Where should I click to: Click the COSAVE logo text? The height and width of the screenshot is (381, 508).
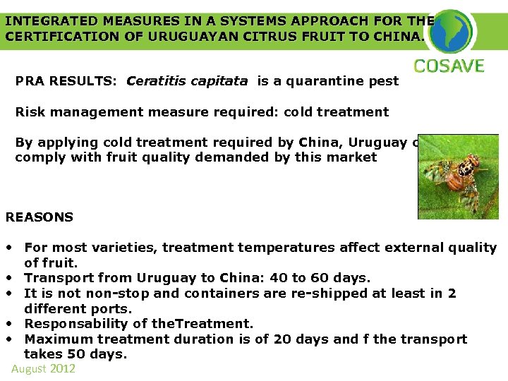tap(449, 67)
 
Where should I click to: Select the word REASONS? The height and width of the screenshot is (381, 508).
tap(40, 217)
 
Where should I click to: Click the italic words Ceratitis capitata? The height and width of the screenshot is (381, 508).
tap(187, 81)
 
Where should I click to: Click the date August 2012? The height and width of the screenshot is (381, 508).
tap(43, 369)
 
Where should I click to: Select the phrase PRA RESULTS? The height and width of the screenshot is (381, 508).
tap(67, 81)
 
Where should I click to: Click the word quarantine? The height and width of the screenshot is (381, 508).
tap(322, 81)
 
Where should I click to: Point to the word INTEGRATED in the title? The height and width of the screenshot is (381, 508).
tap(46, 20)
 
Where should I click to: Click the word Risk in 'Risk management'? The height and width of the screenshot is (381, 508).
tap(30, 112)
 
